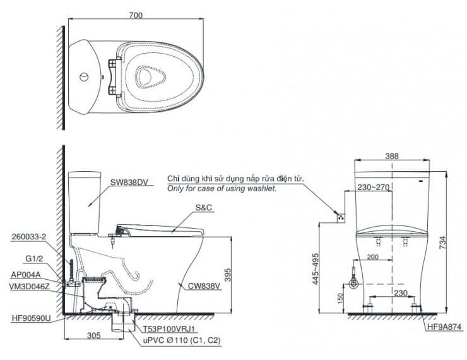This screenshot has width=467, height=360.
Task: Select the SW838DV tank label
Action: [129, 183]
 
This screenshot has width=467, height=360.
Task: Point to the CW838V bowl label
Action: [203, 285]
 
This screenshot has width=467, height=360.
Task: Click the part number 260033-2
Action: [29, 237]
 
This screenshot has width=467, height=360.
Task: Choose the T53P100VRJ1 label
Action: [167, 328]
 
